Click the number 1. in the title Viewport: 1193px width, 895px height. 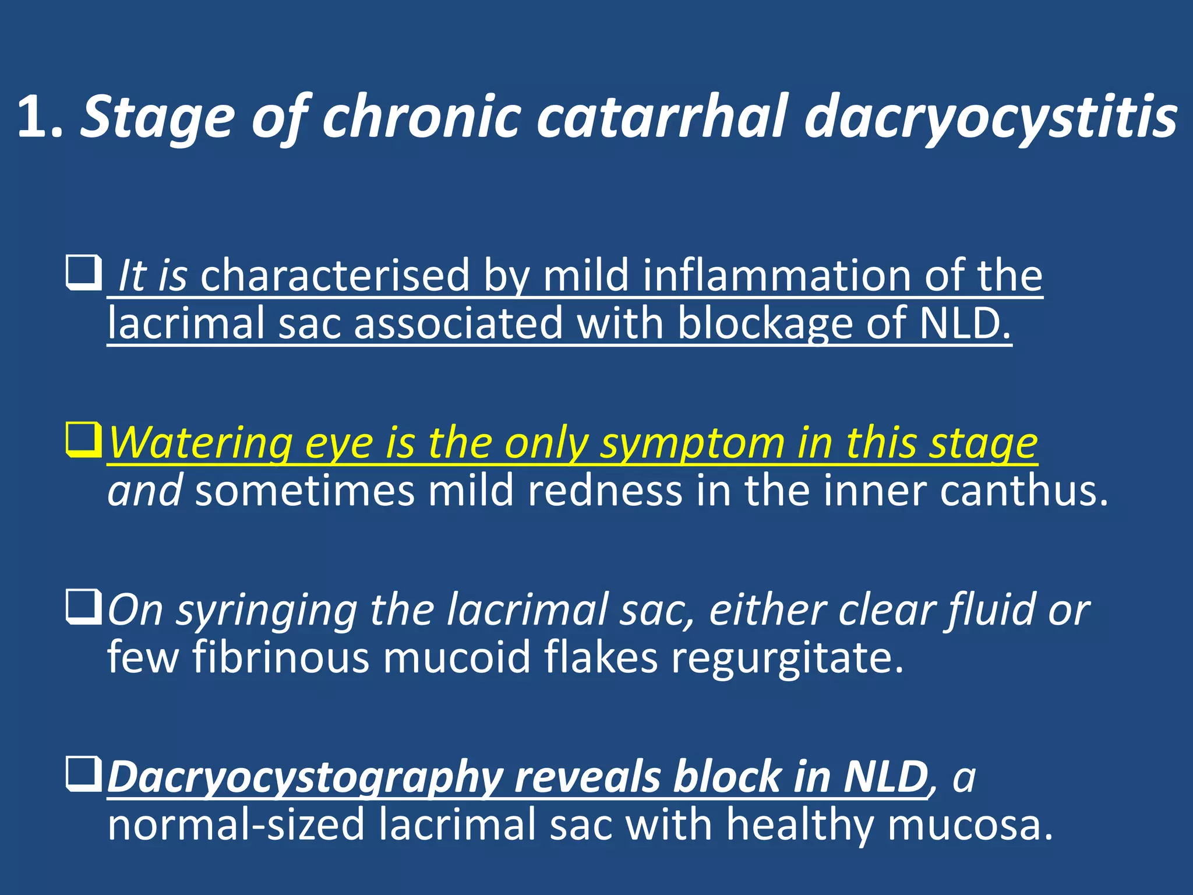click(x=40, y=118)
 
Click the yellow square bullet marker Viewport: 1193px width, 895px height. click(x=84, y=441)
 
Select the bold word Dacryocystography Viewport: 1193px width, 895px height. click(x=305, y=778)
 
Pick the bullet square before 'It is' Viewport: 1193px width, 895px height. click(x=84, y=272)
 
